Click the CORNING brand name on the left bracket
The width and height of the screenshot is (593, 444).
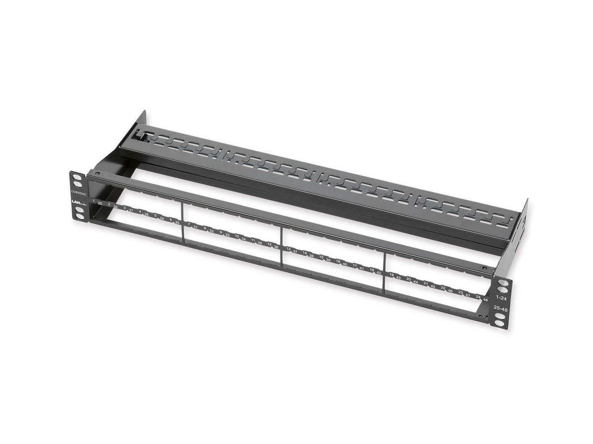click(79, 193)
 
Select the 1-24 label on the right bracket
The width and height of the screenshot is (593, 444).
click(501, 298)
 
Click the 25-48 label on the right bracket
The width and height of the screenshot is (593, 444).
click(500, 309)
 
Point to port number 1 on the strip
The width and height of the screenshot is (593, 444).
click(93, 201)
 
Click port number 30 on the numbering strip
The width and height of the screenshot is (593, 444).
click(177, 222)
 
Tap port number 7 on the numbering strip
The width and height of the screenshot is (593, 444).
click(189, 224)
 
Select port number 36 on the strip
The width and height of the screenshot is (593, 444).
click(276, 247)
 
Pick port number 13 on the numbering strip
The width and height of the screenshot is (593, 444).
click(288, 249)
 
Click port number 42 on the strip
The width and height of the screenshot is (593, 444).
click(379, 272)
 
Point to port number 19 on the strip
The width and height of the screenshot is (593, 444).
click(391, 275)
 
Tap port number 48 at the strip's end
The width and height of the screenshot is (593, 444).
click(485, 300)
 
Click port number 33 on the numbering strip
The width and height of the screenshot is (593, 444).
click(227, 235)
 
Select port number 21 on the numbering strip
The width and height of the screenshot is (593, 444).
click(425, 283)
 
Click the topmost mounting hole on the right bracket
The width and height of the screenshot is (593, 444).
click(502, 283)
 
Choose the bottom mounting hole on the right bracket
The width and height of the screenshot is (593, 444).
click(499, 324)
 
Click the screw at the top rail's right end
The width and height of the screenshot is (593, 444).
click(484, 268)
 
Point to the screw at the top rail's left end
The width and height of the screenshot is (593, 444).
click(97, 174)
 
